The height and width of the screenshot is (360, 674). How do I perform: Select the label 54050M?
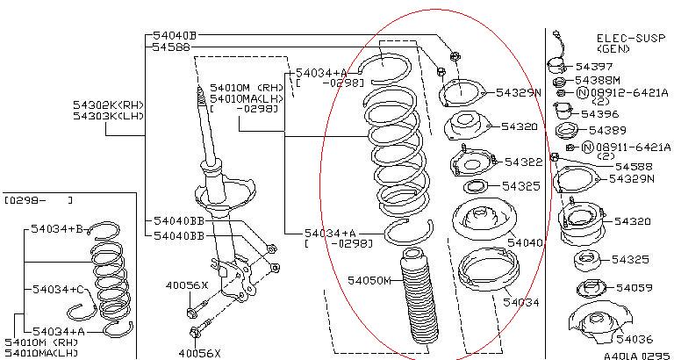point(369,281)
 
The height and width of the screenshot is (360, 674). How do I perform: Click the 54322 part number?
point(524,162)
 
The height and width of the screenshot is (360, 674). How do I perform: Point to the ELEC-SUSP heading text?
point(631,38)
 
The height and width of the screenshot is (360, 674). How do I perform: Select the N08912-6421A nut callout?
point(622,92)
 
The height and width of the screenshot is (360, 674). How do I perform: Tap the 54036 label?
point(635,339)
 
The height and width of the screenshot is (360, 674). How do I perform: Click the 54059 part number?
point(634,288)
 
